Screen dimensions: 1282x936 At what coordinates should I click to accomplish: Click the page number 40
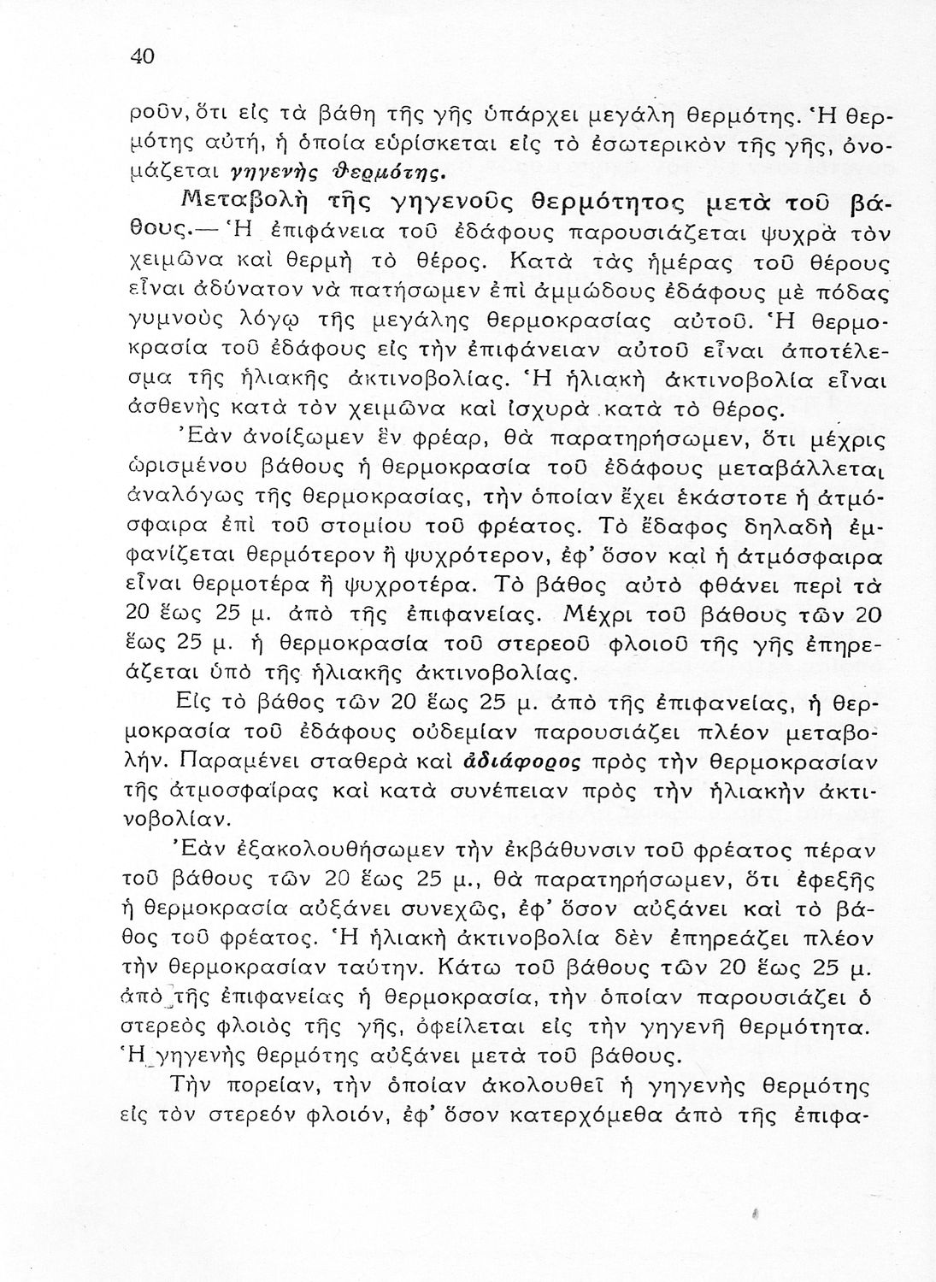(141, 57)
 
